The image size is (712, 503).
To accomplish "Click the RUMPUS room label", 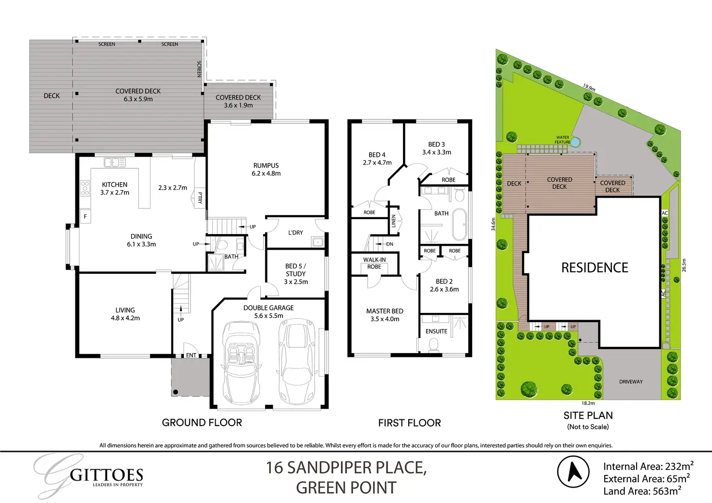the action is [266, 165].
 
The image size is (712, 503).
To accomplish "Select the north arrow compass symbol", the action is [573, 472].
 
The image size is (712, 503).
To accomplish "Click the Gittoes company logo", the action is [89, 475].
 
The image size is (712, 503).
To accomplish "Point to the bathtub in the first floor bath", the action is [460, 224].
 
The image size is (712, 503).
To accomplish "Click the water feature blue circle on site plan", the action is [575, 142].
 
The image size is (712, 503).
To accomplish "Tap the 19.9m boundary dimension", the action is [589, 88].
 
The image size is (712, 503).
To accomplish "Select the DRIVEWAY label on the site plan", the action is [631, 382].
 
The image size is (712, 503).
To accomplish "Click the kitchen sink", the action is [115, 163].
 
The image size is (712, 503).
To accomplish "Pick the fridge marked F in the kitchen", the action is [85, 217].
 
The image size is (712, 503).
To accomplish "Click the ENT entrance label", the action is [191, 355].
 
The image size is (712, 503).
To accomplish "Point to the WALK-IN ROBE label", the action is [374, 263].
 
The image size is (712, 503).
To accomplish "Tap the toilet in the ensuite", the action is [433, 345].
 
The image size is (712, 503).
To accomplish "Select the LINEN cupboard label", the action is [394, 221].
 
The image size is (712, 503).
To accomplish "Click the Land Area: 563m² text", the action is [642, 491].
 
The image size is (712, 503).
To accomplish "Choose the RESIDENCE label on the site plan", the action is [595, 267].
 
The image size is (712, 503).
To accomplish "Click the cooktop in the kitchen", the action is [85, 188].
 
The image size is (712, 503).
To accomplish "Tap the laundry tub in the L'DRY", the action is [318, 242].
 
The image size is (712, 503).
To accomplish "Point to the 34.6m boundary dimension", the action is [493, 224].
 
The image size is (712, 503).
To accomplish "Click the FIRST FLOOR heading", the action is [409, 423].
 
